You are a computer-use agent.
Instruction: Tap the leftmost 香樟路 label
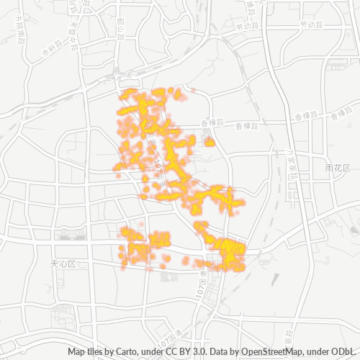click(x=213, y=124)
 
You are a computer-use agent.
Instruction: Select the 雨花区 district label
click(x=336, y=168)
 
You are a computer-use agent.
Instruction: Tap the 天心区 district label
click(x=63, y=264)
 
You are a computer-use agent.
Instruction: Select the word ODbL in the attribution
click(x=345, y=352)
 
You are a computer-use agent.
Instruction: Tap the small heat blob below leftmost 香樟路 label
click(x=210, y=143)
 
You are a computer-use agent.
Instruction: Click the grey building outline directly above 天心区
click(x=71, y=235)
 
